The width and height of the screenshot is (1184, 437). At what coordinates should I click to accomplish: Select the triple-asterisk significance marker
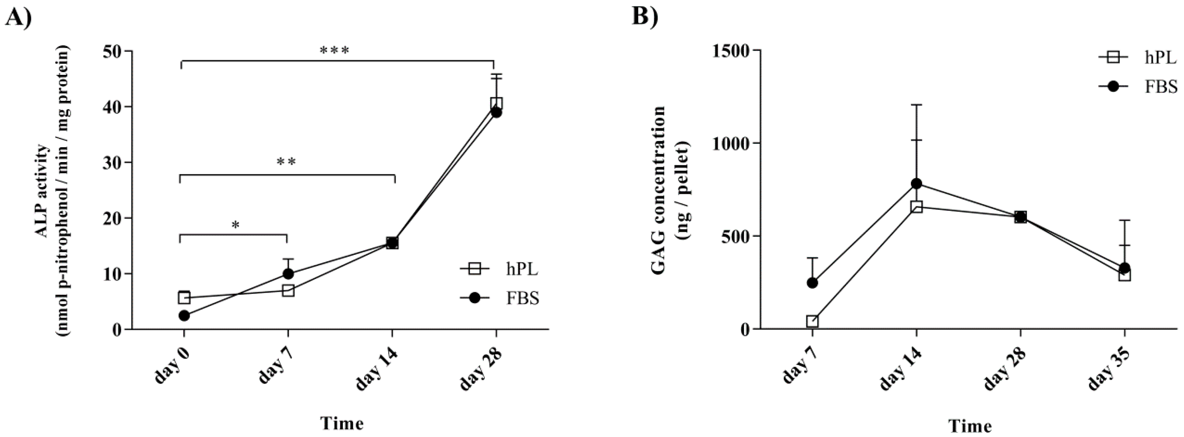point(335,50)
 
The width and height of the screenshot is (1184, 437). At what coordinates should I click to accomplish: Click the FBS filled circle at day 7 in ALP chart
point(288,274)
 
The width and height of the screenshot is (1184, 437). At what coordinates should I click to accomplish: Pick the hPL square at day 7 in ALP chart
point(288,291)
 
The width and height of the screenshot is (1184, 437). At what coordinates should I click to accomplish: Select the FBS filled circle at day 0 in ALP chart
point(184,315)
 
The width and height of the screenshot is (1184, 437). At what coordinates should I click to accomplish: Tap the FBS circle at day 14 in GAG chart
point(916,184)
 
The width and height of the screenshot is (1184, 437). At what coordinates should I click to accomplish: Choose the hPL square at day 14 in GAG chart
point(916,207)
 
